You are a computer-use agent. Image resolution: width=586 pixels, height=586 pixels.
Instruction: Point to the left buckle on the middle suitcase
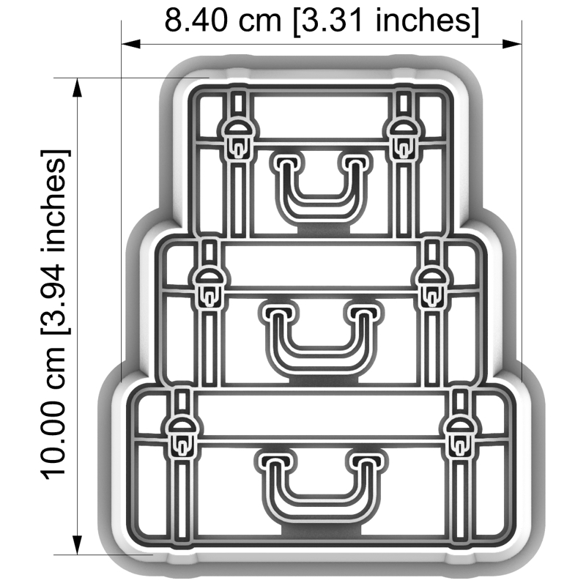[210, 287]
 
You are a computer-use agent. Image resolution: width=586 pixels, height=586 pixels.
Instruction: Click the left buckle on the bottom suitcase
[182, 437]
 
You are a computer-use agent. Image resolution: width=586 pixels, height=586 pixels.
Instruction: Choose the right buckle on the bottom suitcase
[459, 437]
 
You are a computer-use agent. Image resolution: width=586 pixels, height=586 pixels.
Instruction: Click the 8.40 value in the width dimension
[196, 21]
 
